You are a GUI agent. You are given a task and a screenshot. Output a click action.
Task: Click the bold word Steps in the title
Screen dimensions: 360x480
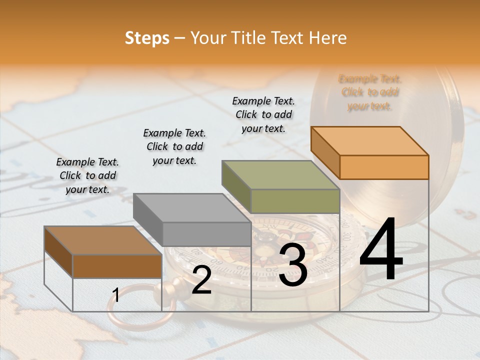click(147, 38)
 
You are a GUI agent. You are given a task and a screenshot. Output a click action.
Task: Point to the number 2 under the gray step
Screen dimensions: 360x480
click(201, 280)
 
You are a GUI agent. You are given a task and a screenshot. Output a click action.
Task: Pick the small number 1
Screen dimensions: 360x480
click(116, 295)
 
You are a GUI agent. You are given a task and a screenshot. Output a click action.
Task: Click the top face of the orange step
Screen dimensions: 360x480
click(369, 140)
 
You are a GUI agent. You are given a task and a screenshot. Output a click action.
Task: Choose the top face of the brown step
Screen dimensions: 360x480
click(102, 240)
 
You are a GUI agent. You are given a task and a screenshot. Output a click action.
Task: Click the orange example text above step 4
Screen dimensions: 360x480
click(369, 92)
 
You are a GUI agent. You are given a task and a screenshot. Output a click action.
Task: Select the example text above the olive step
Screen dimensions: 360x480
click(263, 114)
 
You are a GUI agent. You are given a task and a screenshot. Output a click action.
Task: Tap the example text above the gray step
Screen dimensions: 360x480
click(174, 146)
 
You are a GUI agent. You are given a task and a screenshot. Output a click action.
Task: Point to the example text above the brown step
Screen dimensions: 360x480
click(87, 175)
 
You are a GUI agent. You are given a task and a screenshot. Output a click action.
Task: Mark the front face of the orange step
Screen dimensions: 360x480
click(384, 167)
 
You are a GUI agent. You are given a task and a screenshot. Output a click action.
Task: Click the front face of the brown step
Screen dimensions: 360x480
click(117, 266)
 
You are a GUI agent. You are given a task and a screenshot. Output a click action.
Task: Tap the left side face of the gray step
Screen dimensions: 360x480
click(148, 220)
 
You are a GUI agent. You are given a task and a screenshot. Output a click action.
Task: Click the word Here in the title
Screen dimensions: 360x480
click(328, 38)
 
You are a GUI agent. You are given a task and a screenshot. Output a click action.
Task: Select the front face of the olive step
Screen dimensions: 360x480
click(295, 201)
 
